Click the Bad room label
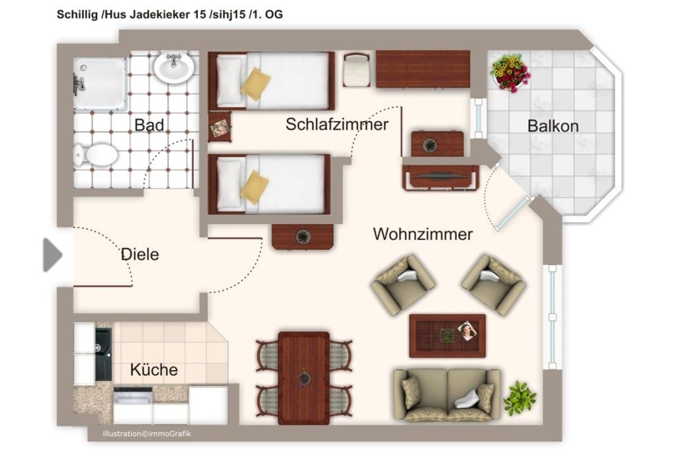(149, 125)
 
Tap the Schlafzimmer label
(337, 124)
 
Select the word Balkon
(553, 126)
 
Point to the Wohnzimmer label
(422, 233)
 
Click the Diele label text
(140, 254)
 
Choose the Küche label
(154, 369)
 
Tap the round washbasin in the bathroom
(174, 68)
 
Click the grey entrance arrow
(52, 255)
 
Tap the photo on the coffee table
(467, 331)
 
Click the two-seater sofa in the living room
(446, 395)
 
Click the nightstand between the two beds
(220, 127)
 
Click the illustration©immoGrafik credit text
(146, 434)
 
